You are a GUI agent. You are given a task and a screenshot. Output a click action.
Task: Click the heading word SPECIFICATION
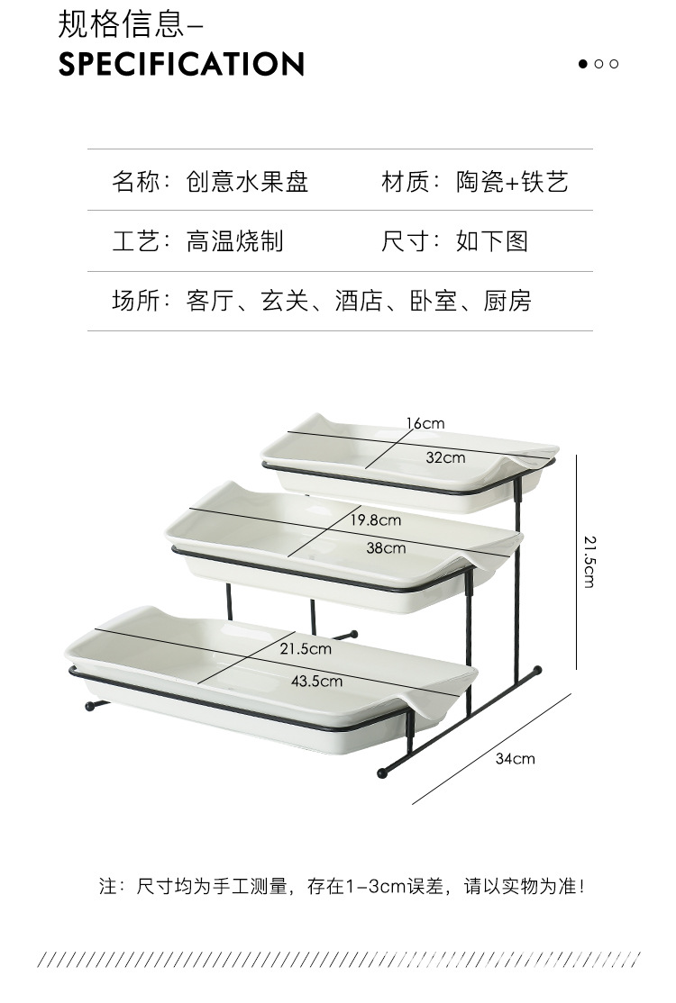pyautogui.click(x=181, y=64)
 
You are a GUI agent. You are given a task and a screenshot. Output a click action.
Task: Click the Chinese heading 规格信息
pyautogui.click(x=120, y=24)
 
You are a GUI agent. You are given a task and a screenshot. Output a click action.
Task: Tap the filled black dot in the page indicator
pyautogui.click(x=583, y=64)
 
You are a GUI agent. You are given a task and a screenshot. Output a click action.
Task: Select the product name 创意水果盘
pyautogui.click(x=247, y=181)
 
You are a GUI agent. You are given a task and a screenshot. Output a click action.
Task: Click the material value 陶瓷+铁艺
pyautogui.click(x=512, y=181)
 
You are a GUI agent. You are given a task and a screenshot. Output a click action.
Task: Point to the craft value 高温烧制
pyautogui.click(x=234, y=240)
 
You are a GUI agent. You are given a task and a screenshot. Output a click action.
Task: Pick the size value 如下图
pyautogui.click(x=491, y=240)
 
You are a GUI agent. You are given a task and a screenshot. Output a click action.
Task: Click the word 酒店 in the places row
pyautogui.click(x=359, y=301)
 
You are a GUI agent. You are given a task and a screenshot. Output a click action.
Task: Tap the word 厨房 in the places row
pyautogui.click(x=507, y=301)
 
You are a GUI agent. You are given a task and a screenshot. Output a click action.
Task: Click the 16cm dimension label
pyautogui.click(x=425, y=423)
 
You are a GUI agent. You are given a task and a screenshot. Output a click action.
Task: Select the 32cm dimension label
pyautogui.click(x=445, y=457)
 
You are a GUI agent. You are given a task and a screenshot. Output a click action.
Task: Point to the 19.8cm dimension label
pyautogui.click(x=375, y=520)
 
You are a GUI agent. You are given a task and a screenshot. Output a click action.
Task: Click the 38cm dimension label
pyautogui.click(x=386, y=547)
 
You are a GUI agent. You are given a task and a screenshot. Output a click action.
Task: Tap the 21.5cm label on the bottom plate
pyautogui.click(x=305, y=648)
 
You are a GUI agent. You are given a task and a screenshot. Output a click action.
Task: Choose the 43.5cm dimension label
pyautogui.click(x=316, y=681)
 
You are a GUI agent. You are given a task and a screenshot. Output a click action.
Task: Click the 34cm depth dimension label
pyautogui.click(x=515, y=758)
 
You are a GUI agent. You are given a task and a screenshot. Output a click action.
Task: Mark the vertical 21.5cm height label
pyautogui.click(x=589, y=561)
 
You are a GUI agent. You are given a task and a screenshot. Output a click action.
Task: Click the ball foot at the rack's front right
pyautogui.click(x=383, y=773)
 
